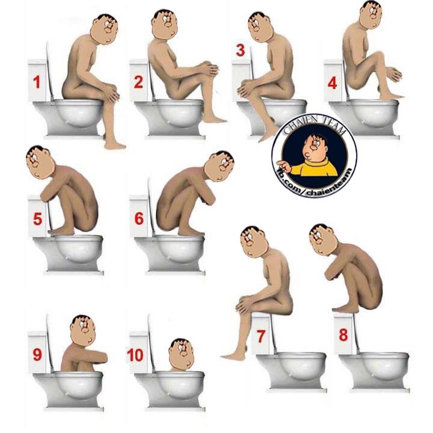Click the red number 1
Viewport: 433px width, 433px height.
(x=37, y=82)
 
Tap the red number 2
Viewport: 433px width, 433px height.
(x=138, y=82)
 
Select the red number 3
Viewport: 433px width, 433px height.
(x=240, y=51)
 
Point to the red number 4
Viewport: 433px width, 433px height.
(x=332, y=82)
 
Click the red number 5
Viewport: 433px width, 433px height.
(x=37, y=219)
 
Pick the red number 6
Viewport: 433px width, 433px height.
(x=139, y=218)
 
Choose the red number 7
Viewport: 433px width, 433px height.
(x=261, y=336)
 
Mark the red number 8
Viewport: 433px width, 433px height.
(x=343, y=335)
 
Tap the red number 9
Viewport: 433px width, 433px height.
(x=37, y=355)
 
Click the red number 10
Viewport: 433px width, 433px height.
(x=135, y=355)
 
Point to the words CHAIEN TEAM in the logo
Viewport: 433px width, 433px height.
(x=315, y=126)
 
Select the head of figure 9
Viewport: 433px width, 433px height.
(x=83, y=331)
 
